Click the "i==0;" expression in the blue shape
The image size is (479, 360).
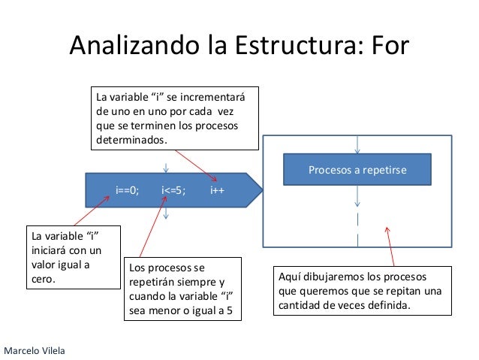pyautogui.click(x=128, y=190)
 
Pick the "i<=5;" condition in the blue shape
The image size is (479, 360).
pyautogui.click(x=173, y=190)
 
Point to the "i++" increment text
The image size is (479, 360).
pyautogui.click(x=217, y=190)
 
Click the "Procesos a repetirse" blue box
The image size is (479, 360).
pyautogui.click(x=357, y=170)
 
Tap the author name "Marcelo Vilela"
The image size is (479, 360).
pyautogui.click(x=35, y=351)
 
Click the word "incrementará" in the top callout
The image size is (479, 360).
pyautogui.click(x=222, y=98)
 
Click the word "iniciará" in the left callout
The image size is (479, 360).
pyautogui.click(x=50, y=251)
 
